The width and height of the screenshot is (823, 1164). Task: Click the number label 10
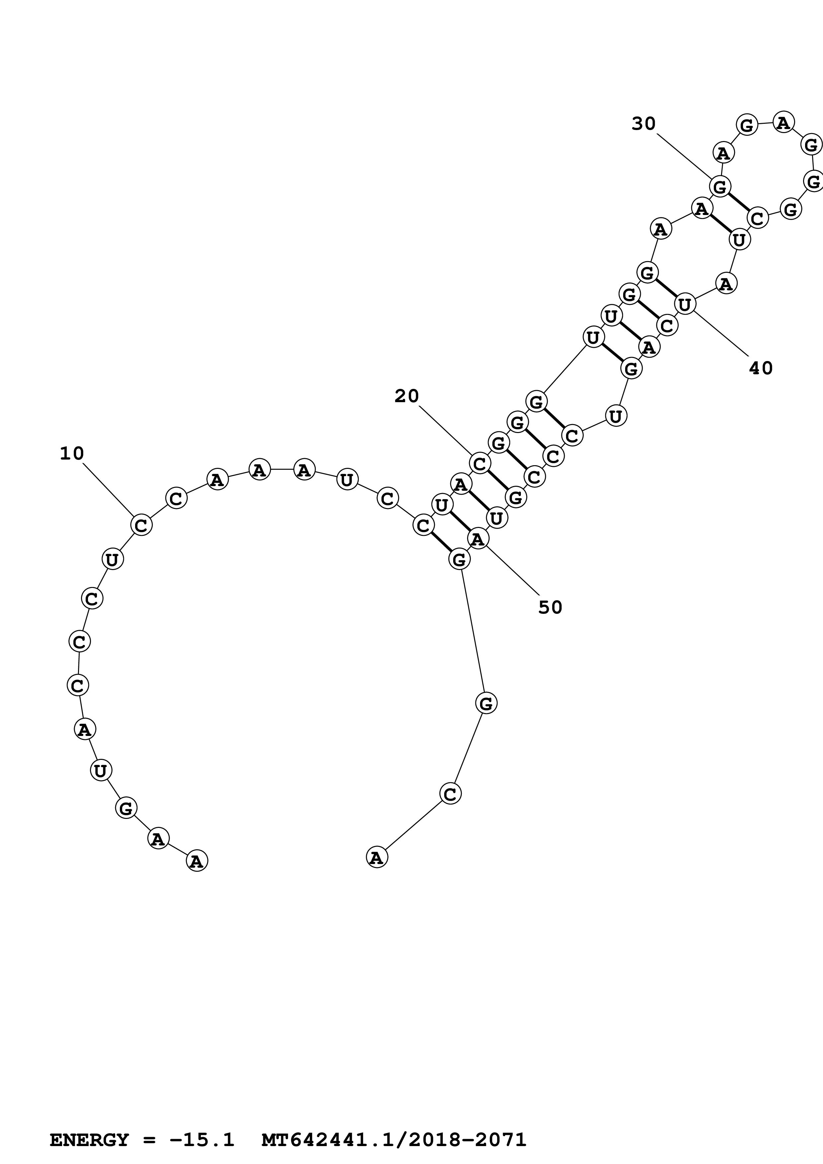[x=71, y=453]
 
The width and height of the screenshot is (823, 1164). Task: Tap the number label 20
[x=407, y=396]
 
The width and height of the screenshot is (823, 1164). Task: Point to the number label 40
[x=761, y=368]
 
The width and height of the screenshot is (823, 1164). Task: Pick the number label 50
[x=550, y=607]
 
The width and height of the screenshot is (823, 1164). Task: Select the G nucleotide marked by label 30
[x=719, y=186]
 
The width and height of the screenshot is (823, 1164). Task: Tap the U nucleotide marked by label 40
[x=685, y=304]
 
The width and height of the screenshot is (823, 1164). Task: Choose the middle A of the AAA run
[x=259, y=470]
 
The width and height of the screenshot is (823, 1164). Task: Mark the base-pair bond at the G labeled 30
[x=738, y=203]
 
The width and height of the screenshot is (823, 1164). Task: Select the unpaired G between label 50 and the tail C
[x=486, y=703]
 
